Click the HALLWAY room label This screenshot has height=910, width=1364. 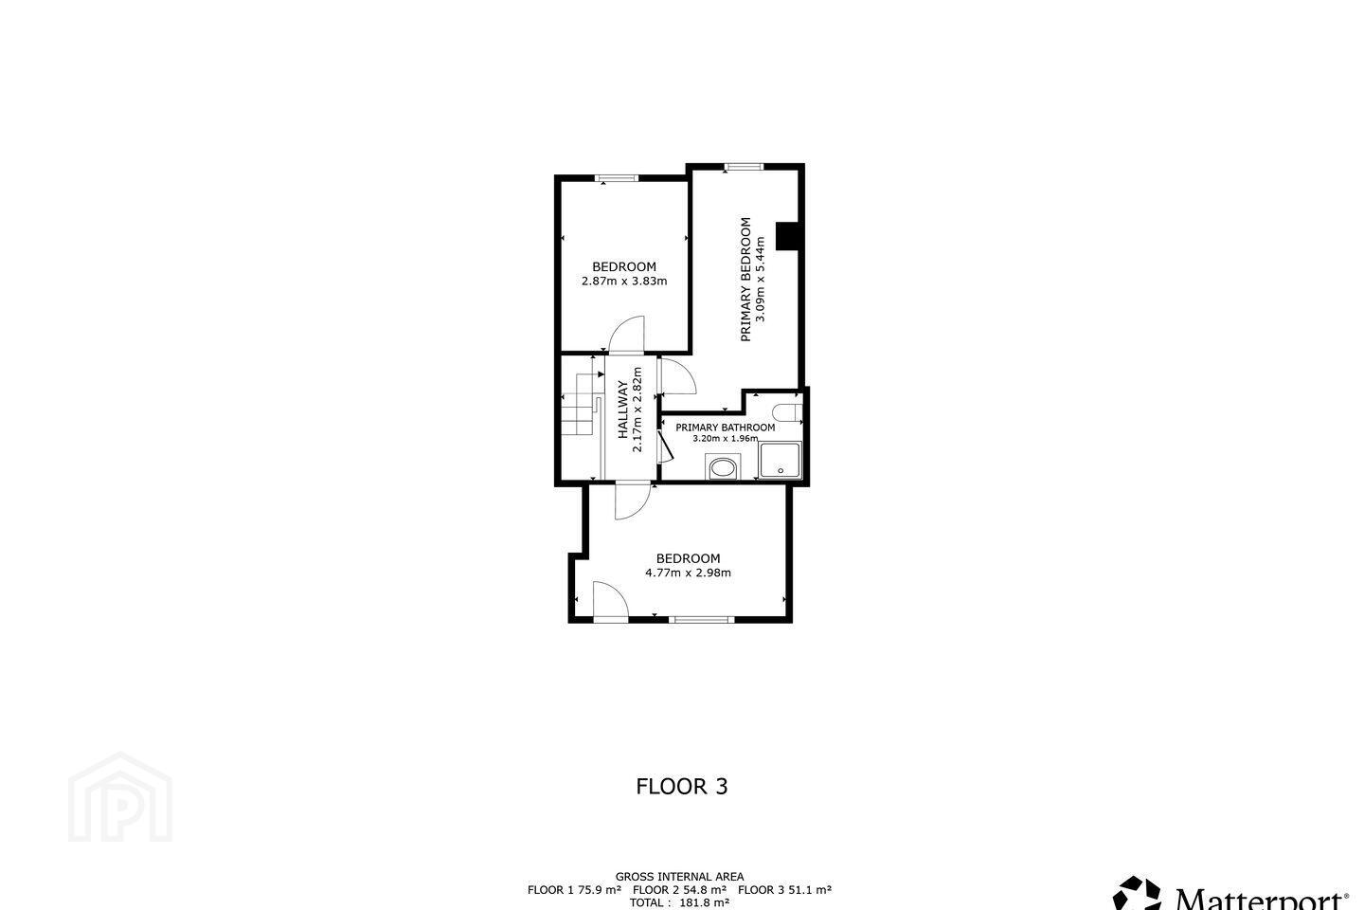click(x=622, y=409)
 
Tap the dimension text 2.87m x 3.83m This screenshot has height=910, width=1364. click(x=624, y=281)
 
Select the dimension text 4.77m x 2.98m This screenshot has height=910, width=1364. click(x=688, y=573)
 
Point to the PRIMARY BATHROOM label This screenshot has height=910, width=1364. click(x=726, y=428)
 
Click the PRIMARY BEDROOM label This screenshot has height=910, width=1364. click(x=745, y=279)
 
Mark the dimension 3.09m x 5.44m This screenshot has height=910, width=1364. click(x=760, y=279)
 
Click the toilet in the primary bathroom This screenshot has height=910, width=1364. click(x=789, y=412)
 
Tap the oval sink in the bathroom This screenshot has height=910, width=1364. click(x=723, y=468)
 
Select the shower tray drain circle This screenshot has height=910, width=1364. click(x=781, y=471)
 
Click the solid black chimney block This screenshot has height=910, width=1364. click(x=787, y=236)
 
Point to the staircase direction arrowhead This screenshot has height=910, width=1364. click(x=601, y=374)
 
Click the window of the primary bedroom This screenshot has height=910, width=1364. click(x=744, y=167)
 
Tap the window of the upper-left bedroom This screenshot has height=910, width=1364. click(x=617, y=178)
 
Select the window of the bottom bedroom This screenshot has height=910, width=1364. click(x=702, y=619)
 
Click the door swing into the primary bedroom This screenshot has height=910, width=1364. click(x=678, y=376)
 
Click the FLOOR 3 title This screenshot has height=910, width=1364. click(x=682, y=786)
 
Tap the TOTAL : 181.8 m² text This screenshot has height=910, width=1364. click(x=679, y=902)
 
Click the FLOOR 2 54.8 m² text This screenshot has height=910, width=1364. click(x=679, y=890)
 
